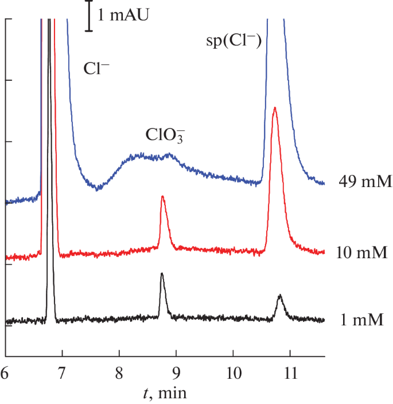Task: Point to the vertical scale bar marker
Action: (x=89, y=15)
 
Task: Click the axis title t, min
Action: (x=164, y=393)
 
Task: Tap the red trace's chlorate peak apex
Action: (x=163, y=197)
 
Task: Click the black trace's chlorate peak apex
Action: (x=162, y=274)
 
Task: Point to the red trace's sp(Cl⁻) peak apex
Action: (x=275, y=107)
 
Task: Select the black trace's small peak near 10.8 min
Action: (x=279, y=296)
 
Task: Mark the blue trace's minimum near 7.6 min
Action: (x=96, y=189)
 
